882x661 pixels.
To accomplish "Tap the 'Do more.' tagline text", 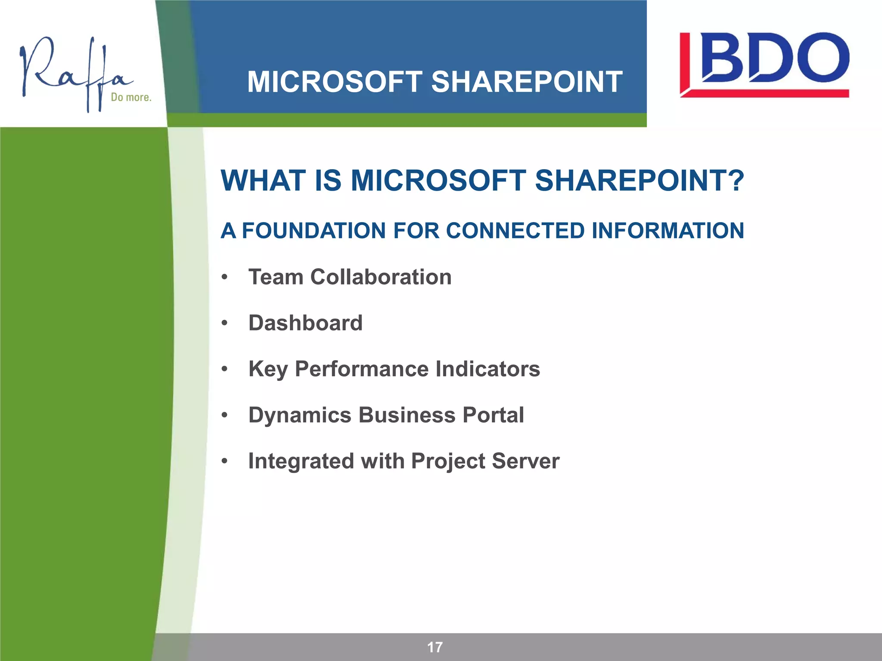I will [x=131, y=98].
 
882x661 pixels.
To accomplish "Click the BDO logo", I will [x=764, y=64].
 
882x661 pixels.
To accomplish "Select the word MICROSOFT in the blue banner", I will [x=335, y=82].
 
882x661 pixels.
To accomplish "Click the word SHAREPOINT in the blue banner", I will [x=526, y=82].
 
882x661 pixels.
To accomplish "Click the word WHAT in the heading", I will [x=265, y=181].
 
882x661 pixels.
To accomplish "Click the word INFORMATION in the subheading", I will [x=668, y=231].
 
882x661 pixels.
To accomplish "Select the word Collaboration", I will [x=381, y=277].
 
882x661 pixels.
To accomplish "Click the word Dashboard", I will [x=305, y=323].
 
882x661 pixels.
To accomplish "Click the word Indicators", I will [x=488, y=369].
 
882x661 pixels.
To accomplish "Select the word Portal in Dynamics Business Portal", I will [x=493, y=415].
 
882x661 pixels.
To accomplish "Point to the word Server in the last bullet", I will [x=525, y=461].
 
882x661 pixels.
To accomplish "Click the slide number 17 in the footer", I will [x=435, y=647].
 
